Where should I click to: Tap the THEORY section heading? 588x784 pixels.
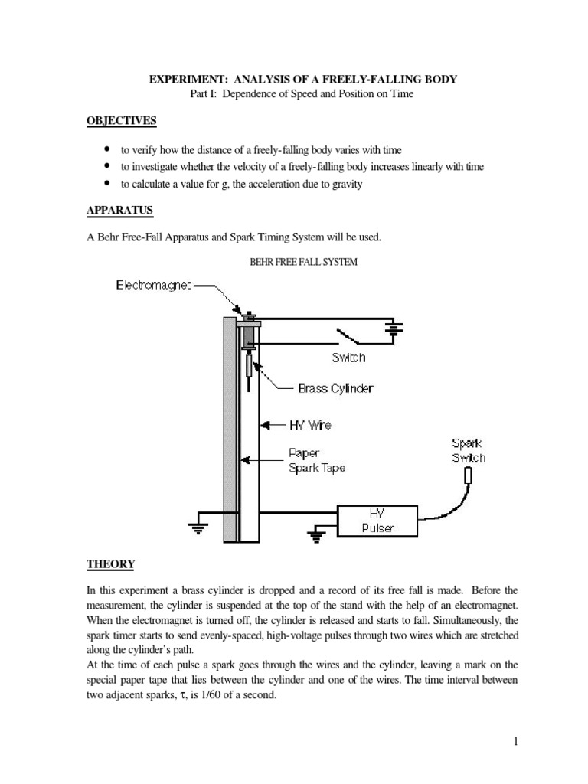point(110,564)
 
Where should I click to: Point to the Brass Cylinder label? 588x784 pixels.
point(335,388)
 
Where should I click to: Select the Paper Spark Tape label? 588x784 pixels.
point(316,459)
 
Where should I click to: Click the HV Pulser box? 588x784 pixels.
point(378,521)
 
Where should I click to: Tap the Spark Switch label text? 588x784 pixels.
point(468,450)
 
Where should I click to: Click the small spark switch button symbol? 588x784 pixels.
point(469,475)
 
